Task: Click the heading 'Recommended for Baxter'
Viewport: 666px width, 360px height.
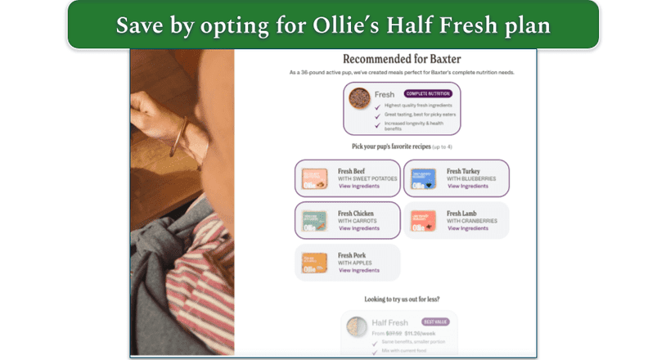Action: click(x=402, y=59)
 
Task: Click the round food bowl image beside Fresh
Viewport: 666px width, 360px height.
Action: click(x=358, y=99)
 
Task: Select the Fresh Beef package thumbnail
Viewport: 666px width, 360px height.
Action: click(x=314, y=178)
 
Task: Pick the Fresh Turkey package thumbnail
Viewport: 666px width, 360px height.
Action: click(x=423, y=178)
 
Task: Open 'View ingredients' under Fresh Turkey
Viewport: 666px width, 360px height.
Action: click(x=467, y=186)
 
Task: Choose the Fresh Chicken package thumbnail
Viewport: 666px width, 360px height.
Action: click(x=314, y=221)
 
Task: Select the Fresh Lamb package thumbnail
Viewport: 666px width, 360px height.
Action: click(x=423, y=221)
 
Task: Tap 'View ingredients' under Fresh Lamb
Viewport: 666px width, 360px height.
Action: click(x=467, y=228)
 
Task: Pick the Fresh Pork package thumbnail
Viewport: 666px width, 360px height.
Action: click(x=314, y=263)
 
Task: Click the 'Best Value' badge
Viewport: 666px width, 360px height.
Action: click(x=435, y=322)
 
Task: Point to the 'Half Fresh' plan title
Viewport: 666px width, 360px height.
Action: click(x=390, y=322)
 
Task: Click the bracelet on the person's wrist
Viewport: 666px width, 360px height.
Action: click(x=178, y=136)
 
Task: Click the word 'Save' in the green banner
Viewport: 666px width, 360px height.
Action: click(x=138, y=25)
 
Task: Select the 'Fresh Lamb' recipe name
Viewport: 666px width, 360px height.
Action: click(x=463, y=214)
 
